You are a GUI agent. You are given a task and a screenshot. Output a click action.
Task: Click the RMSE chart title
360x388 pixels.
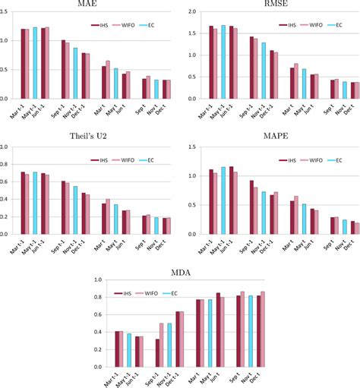(270, 5)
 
